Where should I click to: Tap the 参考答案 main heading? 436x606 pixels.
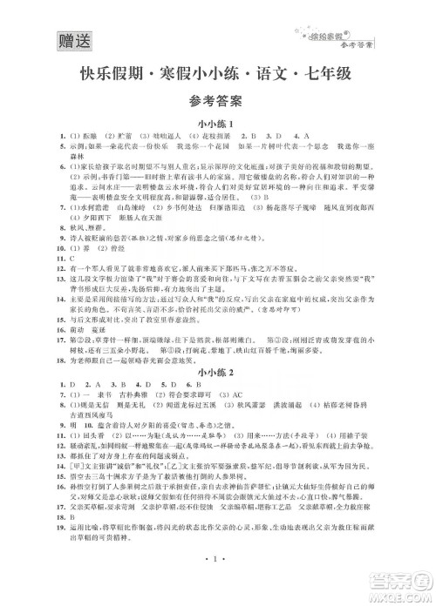tap(217, 102)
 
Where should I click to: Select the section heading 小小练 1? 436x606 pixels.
tap(217, 125)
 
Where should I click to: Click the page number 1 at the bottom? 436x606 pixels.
tap(217, 580)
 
